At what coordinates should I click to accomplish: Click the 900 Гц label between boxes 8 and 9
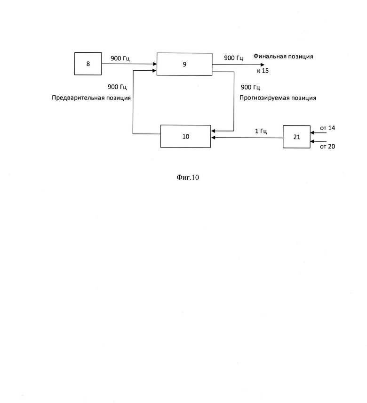tap(120, 58)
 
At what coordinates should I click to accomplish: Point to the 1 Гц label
tap(261, 131)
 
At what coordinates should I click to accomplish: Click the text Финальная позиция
tap(283, 56)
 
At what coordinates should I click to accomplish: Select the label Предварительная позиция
tap(91, 98)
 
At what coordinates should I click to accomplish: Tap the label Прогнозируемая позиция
tap(278, 98)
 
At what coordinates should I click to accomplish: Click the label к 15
tap(263, 71)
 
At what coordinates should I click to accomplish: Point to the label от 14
tap(327, 128)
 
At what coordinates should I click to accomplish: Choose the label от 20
tap(327, 146)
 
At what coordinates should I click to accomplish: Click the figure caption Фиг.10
tap(188, 177)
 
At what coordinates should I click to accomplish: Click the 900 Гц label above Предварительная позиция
tap(117, 87)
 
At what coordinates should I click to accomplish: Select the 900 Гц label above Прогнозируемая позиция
tap(250, 87)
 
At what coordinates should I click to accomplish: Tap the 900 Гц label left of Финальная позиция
tap(233, 58)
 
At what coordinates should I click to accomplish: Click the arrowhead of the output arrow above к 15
tap(262, 65)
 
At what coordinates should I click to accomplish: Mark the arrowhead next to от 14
tap(312, 132)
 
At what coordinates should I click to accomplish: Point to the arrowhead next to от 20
tap(312, 141)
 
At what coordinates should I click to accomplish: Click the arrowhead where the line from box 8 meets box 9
tap(155, 64)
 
